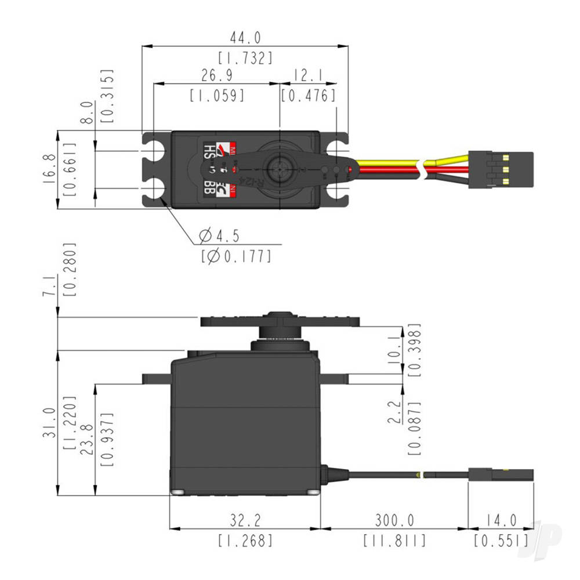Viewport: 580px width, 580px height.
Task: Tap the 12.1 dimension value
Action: pyautogui.click(x=307, y=76)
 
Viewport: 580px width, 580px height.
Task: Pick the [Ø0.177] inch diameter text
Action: pyautogui.click(x=235, y=255)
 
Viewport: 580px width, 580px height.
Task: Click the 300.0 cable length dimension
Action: pyautogui.click(x=394, y=520)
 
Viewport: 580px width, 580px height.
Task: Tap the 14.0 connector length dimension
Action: pyautogui.click(x=501, y=520)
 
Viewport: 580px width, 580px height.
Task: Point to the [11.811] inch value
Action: pyautogui.click(x=394, y=541)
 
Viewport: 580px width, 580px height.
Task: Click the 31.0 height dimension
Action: pyautogui.click(x=50, y=422)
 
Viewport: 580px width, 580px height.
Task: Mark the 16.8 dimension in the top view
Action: pyautogui.click(x=50, y=169)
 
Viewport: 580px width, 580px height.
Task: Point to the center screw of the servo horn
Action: pyautogui.click(x=280, y=169)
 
